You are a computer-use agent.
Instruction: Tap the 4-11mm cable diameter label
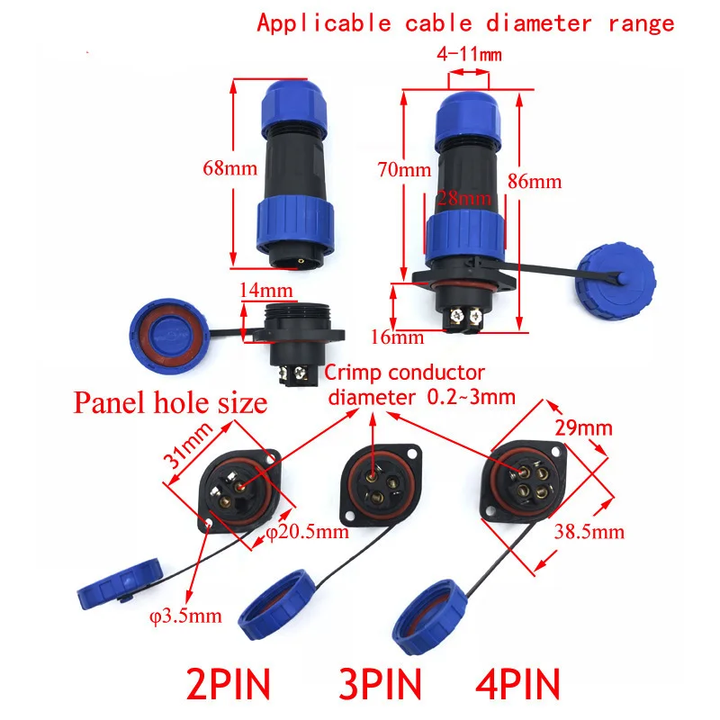[469, 55]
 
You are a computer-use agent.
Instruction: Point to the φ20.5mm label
[308, 532]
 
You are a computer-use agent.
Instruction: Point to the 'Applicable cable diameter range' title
[465, 22]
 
